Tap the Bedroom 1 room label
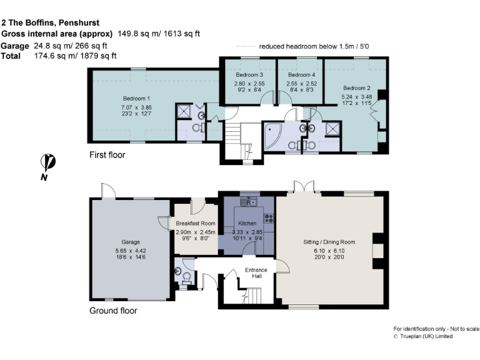click(136, 99)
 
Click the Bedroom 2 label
click(356, 88)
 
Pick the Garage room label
click(131, 242)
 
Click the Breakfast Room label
click(195, 223)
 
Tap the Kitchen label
click(247, 223)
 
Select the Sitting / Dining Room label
click(329, 242)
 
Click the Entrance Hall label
click(256, 273)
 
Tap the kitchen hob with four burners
click(270, 219)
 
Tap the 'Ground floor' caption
click(113, 311)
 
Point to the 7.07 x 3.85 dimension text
click(136, 107)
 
